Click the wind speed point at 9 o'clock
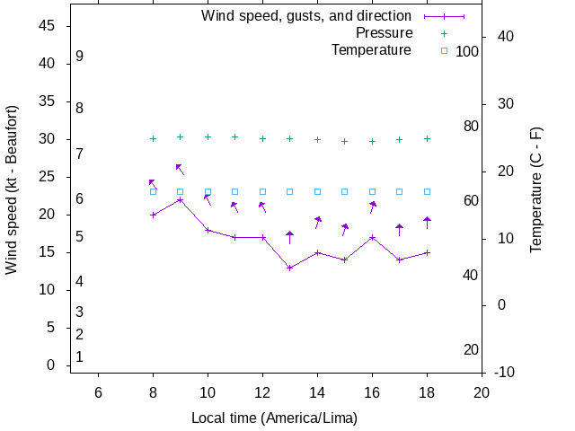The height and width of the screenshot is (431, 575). (x=181, y=199)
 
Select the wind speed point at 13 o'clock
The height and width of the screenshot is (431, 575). (x=289, y=268)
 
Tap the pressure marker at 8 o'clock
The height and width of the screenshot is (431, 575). (x=153, y=138)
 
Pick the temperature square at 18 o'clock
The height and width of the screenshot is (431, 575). (x=427, y=191)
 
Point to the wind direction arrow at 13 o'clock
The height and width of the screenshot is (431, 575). (x=289, y=237)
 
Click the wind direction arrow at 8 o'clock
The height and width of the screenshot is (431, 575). (x=153, y=183)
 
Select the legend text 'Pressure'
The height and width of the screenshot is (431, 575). (x=384, y=33)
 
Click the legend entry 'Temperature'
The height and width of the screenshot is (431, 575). (x=371, y=50)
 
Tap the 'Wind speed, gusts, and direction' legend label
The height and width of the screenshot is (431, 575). (x=306, y=16)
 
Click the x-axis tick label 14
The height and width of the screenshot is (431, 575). (x=317, y=391)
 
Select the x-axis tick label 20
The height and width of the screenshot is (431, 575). (x=482, y=391)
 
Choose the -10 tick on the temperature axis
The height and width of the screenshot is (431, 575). (x=504, y=372)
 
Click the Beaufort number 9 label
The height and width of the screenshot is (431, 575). (x=80, y=57)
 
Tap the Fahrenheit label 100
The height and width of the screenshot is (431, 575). (x=467, y=52)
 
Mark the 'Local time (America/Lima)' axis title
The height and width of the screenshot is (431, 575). (x=274, y=418)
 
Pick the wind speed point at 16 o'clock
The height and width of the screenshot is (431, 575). (x=372, y=237)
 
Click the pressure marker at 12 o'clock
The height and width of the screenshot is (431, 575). (x=262, y=138)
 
